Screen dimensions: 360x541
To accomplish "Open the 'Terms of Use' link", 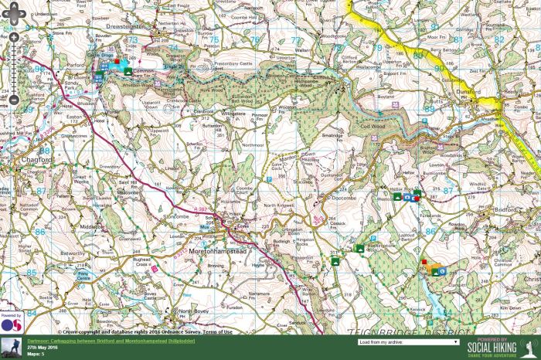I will tap(218, 331).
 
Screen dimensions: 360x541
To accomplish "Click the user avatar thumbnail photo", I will tap(11, 348).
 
